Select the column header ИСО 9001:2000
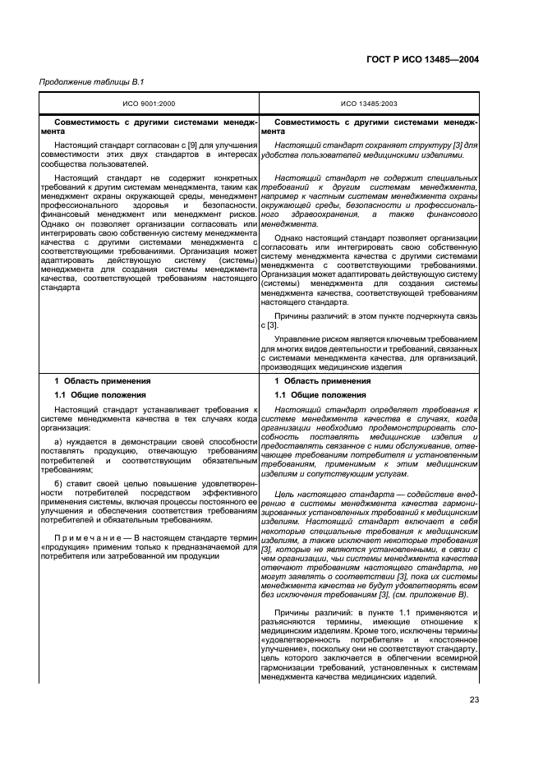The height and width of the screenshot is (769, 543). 149,104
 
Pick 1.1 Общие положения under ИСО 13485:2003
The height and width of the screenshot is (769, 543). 320,395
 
